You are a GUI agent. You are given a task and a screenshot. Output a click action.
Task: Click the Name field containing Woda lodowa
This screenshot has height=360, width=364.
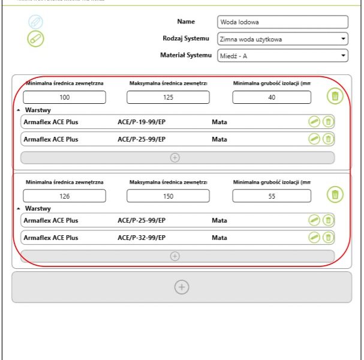[282, 22]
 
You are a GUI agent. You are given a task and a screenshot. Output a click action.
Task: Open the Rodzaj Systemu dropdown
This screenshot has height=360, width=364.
[282, 40]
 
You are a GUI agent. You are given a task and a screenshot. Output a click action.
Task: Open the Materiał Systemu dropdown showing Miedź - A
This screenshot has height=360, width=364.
[282, 56]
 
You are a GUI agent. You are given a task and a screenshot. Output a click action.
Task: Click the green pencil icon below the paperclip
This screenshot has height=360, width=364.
[35, 38]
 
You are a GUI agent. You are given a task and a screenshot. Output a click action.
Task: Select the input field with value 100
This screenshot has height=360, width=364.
[65, 97]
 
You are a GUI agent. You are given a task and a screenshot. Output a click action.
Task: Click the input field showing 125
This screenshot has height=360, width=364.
[168, 97]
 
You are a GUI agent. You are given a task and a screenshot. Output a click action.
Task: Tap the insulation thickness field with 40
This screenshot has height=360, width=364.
[272, 97]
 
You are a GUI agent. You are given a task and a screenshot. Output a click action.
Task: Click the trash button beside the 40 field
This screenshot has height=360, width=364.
[335, 96]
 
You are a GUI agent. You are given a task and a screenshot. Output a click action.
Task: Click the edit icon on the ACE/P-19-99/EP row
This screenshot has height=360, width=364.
[314, 122]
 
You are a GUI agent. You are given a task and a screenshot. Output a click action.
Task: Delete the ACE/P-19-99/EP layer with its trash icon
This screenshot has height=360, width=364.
[328, 122]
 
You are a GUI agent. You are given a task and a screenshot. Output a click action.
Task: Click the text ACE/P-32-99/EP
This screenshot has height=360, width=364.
[142, 238]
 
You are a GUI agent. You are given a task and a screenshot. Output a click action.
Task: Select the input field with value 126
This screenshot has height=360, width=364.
[65, 196]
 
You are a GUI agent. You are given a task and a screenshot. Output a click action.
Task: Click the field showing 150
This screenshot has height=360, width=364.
[168, 196]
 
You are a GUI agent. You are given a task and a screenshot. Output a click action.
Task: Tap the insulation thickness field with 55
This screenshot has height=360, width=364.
[272, 196]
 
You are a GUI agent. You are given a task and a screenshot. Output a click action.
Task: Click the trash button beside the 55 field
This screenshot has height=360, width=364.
[335, 194]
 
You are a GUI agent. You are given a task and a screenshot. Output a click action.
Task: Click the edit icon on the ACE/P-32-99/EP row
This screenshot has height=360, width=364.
[314, 238]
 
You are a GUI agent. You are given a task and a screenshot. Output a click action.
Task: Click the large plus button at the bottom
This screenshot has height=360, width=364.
[182, 287]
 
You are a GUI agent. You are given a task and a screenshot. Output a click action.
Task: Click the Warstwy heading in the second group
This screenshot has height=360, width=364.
[37, 209]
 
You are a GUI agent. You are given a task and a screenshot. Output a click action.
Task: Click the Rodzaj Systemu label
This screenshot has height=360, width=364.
[187, 38]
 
